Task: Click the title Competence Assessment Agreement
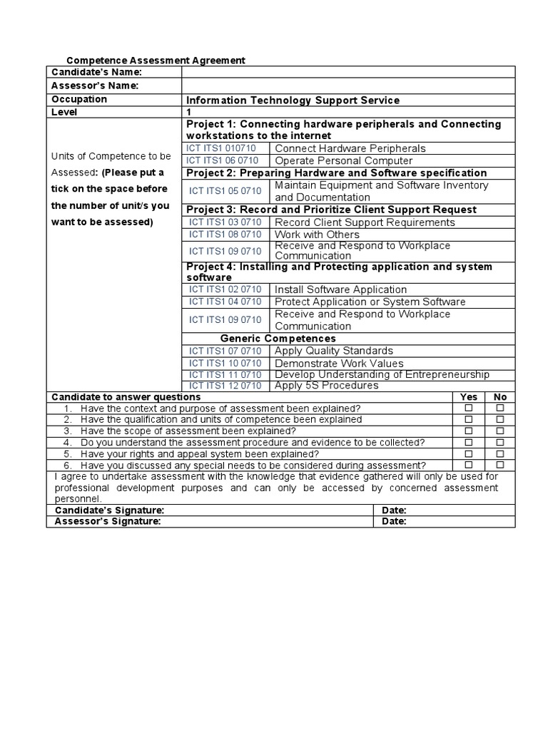click(156, 61)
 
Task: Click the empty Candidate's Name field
click(348, 72)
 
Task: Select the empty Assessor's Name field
click(348, 86)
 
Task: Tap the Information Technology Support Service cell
click(293, 100)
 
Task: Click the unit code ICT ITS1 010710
click(220, 148)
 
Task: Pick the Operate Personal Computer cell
click(343, 160)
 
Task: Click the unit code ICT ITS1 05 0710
click(225, 191)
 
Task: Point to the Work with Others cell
click(317, 235)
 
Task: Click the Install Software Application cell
click(340, 289)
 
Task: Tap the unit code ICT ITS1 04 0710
click(225, 302)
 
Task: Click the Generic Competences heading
click(278, 339)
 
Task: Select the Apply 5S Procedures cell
click(326, 386)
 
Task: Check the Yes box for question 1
click(469, 408)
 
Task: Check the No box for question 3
click(500, 431)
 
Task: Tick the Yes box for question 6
click(469, 465)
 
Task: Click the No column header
click(500, 397)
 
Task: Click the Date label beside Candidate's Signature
click(394, 510)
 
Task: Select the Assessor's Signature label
click(108, 521)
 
